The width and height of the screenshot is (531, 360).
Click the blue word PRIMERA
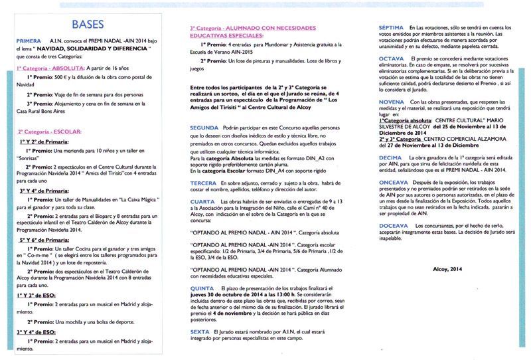[29, 41]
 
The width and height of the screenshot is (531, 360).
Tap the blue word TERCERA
[203, 181]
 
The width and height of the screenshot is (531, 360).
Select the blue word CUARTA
[202, 201]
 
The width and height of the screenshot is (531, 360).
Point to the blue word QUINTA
[202, 288]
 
